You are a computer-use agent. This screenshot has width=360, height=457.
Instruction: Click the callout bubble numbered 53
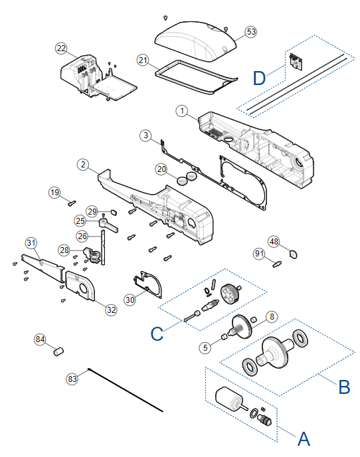(x=251, y=32)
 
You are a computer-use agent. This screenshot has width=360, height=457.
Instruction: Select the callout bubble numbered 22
(x=61, y=48)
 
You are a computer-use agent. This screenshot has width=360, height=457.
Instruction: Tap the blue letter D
(x=259, y=78)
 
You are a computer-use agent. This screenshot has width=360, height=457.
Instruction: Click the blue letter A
(x=304, y=438)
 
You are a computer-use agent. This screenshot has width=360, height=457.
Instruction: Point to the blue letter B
(x=344, y=387)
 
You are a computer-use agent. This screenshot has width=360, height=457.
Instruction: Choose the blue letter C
(x=157, y=333)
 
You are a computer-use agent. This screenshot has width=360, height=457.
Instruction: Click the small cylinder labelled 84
(x=58, y=351)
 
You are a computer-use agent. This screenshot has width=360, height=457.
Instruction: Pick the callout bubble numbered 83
(x=72, y=379)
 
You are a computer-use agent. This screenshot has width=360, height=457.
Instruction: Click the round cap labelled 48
(x=294, y=254)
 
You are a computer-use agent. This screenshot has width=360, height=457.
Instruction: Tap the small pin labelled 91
(x=277, y=264)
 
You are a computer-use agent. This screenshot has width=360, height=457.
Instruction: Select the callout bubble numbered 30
(x=130, y=300)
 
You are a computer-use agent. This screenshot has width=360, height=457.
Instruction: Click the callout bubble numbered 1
(x=182, y=111)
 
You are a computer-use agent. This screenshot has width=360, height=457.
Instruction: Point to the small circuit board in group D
(x=296, y=62)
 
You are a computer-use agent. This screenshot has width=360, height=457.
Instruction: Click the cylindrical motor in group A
(x=229, y=399)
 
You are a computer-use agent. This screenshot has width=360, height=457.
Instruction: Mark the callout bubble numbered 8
(x=272, y=317)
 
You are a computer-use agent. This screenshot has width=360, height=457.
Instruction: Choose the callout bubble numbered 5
(x=205, y=347)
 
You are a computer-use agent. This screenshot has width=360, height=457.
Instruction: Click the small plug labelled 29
(x=114, y=211)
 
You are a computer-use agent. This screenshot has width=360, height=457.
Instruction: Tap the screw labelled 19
(x=72, y=203)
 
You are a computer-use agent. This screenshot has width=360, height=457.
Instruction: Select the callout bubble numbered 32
(x=112, y=310)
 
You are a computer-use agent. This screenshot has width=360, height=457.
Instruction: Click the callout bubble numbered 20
(x=161, y=169)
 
